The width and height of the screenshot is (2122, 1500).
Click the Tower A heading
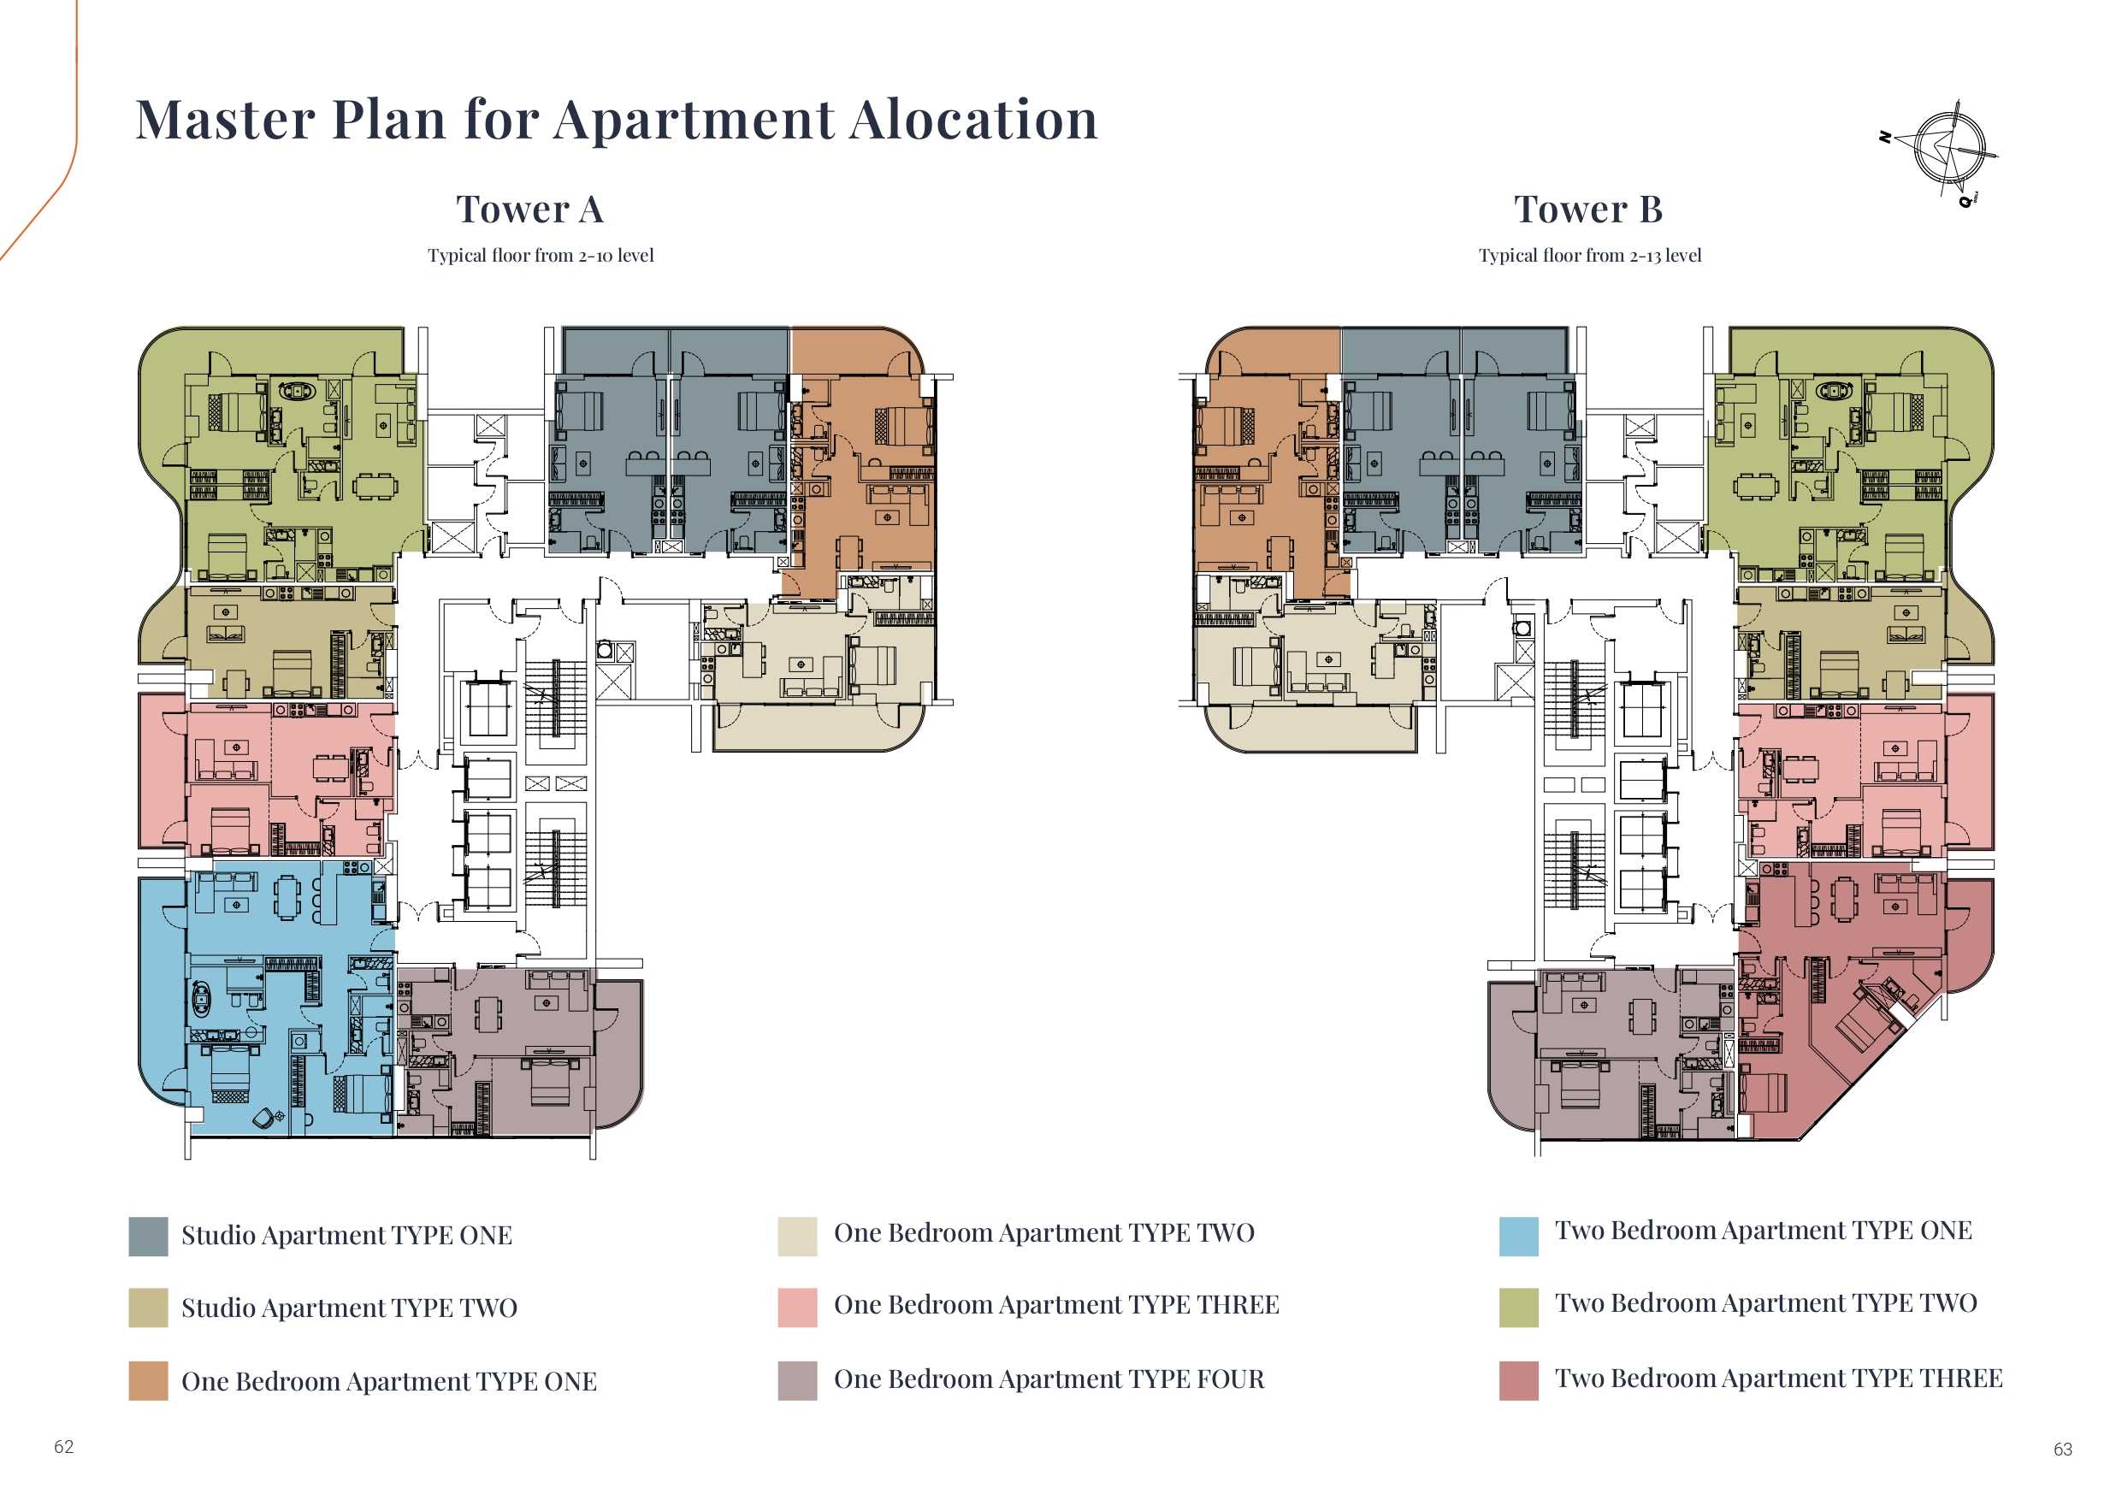(529, 210)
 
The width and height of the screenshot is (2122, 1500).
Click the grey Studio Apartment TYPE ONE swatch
(148, 1237)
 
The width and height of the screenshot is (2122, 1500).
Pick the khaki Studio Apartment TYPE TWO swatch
(148, 1308)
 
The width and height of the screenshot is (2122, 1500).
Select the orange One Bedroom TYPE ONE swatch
(148, 1381)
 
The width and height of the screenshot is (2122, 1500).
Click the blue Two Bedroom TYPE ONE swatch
(1518, 1237)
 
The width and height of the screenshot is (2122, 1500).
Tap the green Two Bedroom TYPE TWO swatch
(1518, 1308)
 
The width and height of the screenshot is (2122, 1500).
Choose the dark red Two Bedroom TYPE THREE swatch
(1518, 1381)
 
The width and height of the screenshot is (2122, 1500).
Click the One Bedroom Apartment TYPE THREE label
(1056, 1305)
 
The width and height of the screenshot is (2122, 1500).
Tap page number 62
(64, 1447)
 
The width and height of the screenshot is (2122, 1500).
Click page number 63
(2063, 1450)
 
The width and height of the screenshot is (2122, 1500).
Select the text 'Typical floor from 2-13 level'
(1590, 256)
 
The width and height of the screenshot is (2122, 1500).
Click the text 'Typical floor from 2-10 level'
(541, 256)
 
